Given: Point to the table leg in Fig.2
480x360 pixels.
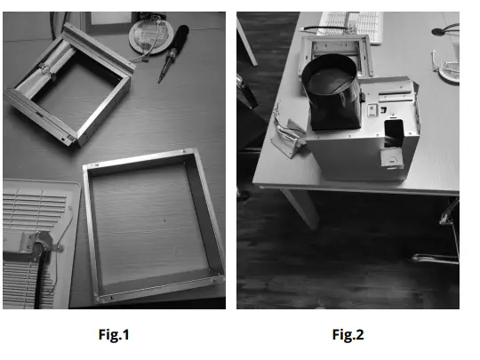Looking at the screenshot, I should (x=304, y=206).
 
